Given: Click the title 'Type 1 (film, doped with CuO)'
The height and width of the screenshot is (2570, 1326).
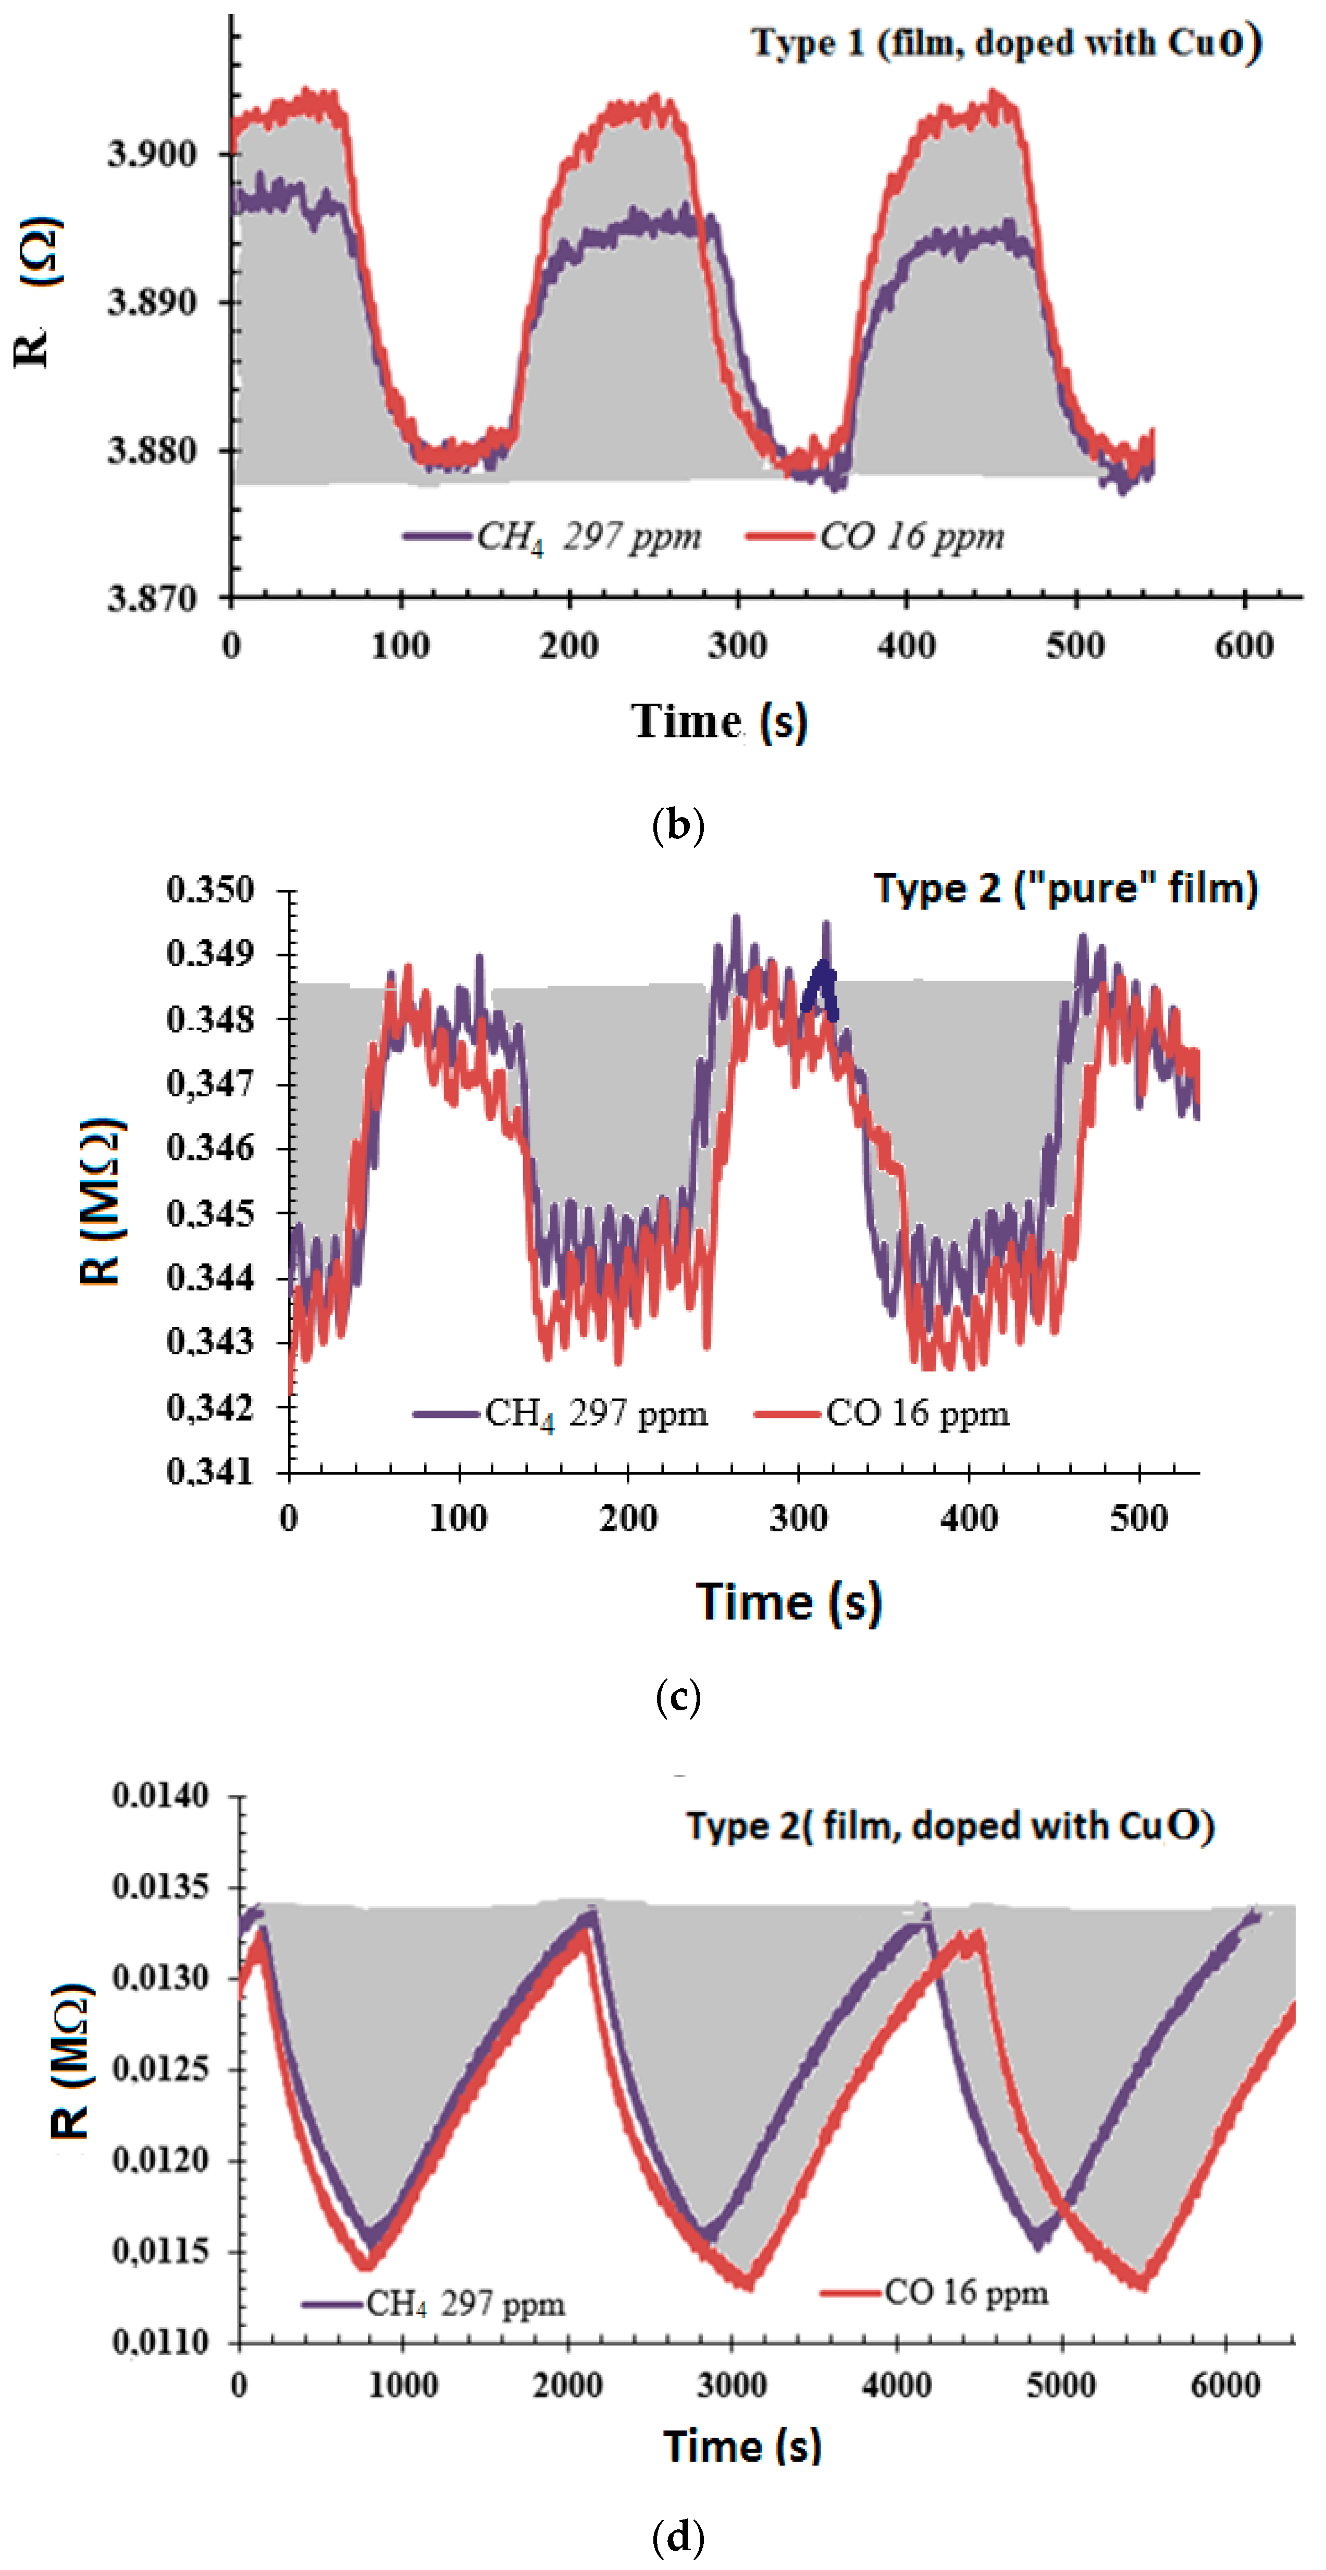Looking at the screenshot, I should click(1006, 43).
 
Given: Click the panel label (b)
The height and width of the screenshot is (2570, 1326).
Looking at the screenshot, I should click(677, 825).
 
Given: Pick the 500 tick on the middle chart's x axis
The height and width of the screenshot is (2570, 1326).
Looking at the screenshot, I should click(1138, 1518).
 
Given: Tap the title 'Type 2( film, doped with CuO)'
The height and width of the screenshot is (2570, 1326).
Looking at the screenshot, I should click(950, 1826).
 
